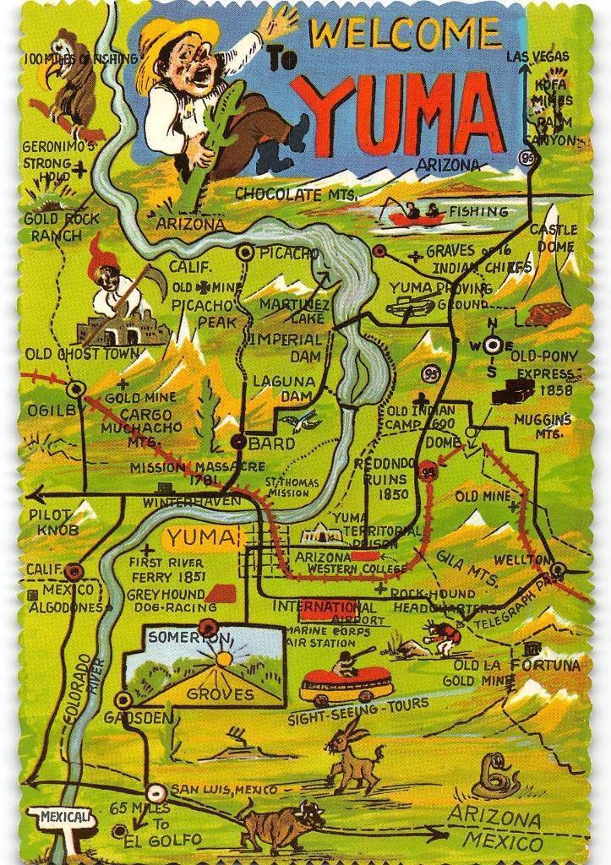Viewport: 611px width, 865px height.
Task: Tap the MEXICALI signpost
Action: coord(63,818)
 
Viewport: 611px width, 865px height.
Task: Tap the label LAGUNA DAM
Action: coord(284,389)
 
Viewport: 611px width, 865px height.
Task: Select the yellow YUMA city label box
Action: coord(201,537)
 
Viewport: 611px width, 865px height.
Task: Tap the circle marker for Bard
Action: coord(239,442)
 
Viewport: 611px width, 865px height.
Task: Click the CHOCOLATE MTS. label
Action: coord(296,193)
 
